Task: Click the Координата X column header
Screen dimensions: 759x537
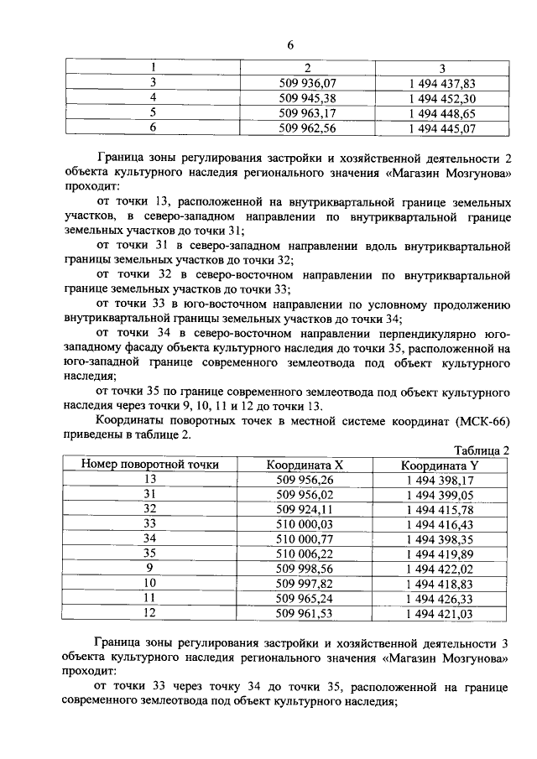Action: coord(305,465)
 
